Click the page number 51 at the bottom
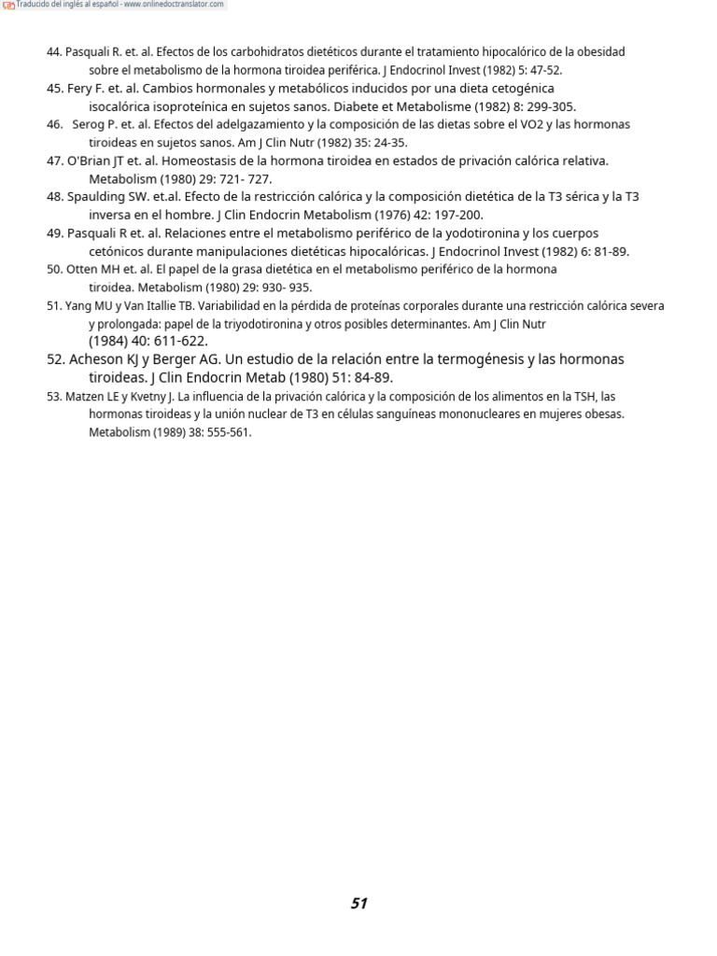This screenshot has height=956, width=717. pyautogui.click(x=359, y=903)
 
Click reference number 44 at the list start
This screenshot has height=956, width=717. pyautogui.click(x=53, y=52)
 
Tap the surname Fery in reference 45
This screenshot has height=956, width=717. pyautogui.click(x=81, y=89)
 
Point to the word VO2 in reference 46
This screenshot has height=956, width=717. pyautogui.click(x=518, y=125)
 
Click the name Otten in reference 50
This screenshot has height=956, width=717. pyautogui.click(x=81, y=269)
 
